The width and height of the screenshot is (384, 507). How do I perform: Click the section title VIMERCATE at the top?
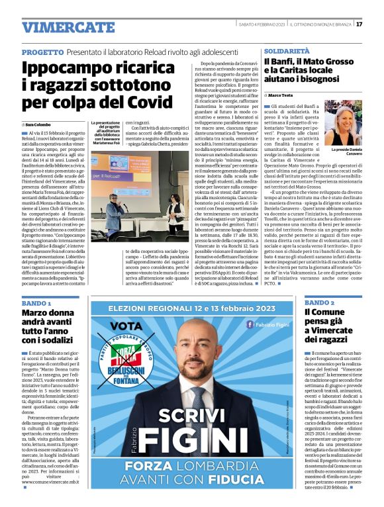(x=59, y=27)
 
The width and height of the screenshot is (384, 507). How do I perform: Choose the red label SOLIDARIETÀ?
(x=287, y=51)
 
